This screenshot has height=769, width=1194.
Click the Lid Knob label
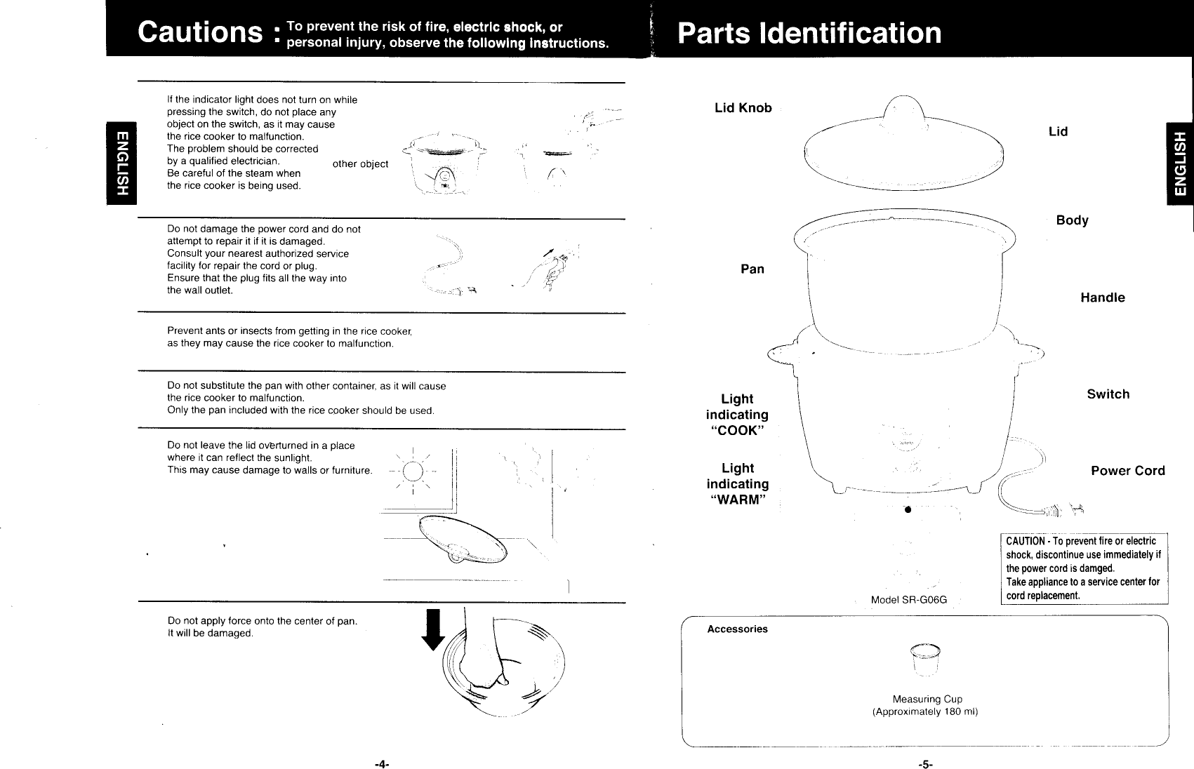tap(743, 108)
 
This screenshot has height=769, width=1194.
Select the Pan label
tap(752, 269)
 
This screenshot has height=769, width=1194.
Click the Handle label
tap(1102, 298)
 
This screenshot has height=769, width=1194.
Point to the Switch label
tap(1108, 394)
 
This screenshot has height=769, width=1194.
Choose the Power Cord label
tap(1127, 471)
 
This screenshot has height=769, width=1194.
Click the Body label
tap(1072, 220)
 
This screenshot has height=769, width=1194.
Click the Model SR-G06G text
tap(908, 600)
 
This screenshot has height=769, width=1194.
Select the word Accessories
tap(737, 629)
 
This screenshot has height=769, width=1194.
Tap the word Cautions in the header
tap(200, 32)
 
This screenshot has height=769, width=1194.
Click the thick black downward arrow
tap(433, 629)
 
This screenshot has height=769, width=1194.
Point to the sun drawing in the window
tap(415, 471)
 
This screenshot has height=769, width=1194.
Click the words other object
tap(360, 164)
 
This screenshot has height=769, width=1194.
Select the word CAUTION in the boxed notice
tap(1027, 542)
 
